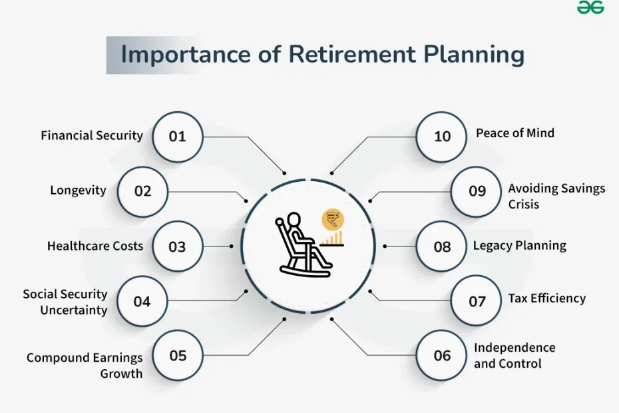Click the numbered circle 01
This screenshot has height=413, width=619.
pyautogui.click(x=178, y=137)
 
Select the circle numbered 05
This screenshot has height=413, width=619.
pyautogui.click(x=178, y=355)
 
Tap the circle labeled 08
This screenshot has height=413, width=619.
pyautogui.click(x=441, y=246)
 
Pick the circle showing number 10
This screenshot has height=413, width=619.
pyautogui.click(x=441, y=137)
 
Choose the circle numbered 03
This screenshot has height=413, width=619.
pyautogui.click(x=178, y=246)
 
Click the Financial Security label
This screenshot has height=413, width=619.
pyautogui.click(x=92, y=136)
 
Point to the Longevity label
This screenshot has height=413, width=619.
pyautogui.click(x=78, y=191)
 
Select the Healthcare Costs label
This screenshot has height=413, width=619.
pyautogui.click(x=95, y=246)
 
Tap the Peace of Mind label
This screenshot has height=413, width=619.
pyautogui.click(x=515, y=133)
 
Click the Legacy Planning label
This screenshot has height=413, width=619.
pyautogui.click(x=520, y=246)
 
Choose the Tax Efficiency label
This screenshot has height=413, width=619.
pyautogui.click(x=546, y=298)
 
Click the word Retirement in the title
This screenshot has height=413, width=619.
pyautogui.click(x=352, y=54)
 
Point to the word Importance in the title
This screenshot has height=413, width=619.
pyautogui.click(x=186, y=55)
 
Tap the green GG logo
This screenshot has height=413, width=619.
pyautogui.click(x=590, y=7)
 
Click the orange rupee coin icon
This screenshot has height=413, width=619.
pyautogui.click(x=333, y=220)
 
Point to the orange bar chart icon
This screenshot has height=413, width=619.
pyautogui.click(x=331, y=239)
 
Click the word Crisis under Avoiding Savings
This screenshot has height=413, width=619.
pyautogui.click(x=523, y=205)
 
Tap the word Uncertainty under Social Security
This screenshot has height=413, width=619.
pyautogui.click(x=74, y=310)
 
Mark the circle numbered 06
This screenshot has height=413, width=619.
pyautogui.click(x=441, y=355)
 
